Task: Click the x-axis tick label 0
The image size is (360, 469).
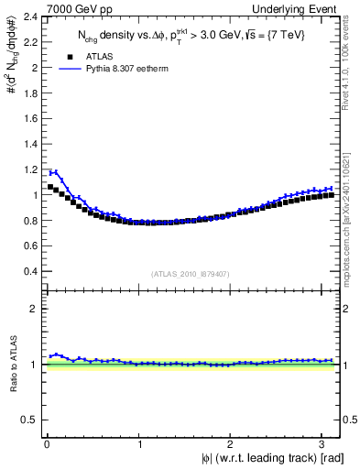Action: [x=47, y=444]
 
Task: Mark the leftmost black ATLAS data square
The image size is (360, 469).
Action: [x=50, y=187]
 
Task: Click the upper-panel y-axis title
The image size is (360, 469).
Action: [x=12, y=73]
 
